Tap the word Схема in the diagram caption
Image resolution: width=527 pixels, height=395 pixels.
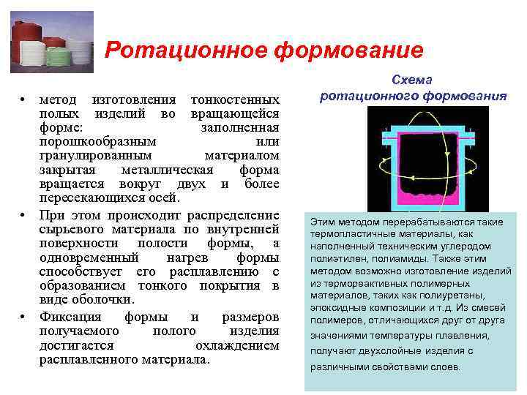(413, 80)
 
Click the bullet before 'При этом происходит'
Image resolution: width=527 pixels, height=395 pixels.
(23, 216)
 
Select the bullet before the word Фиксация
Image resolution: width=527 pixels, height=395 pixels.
(23, 317)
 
